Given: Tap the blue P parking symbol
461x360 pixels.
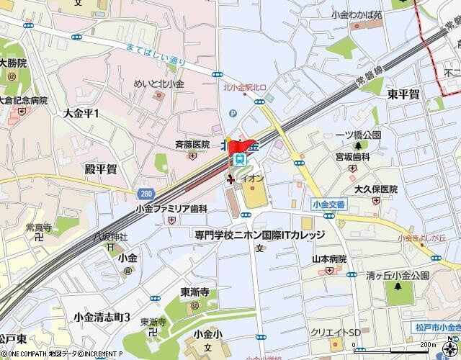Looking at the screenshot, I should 232,113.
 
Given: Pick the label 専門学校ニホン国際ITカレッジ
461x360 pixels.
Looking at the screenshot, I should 260,235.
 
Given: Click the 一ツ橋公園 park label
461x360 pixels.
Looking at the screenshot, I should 357,135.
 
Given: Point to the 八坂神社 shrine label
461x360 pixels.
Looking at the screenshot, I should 110,236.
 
